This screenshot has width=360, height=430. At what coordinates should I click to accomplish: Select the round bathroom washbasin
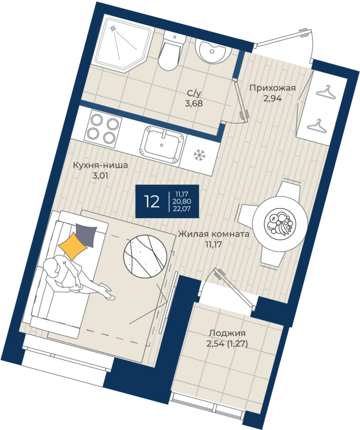(x=212, y=51)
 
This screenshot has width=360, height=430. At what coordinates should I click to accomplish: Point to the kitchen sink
(x=162, y=145)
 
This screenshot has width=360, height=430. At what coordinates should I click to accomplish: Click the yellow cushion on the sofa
(x=73, y=246)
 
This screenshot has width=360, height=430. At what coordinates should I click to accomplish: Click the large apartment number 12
(x=152, y=202)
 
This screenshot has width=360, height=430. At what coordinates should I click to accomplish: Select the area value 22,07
(x=182, y=209)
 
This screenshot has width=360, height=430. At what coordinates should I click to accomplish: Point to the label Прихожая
(x=272, y=88)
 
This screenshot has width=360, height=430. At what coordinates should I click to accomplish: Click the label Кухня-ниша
(x=100, y=166)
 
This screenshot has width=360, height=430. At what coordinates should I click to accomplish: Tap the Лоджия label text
(x=227, y=333)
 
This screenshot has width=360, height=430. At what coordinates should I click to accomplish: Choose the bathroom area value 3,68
(x=194, y=103)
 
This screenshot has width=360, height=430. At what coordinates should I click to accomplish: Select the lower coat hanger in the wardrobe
(x=317, y=126)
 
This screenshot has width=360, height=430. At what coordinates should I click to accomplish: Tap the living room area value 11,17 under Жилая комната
(x=214, y=245)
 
